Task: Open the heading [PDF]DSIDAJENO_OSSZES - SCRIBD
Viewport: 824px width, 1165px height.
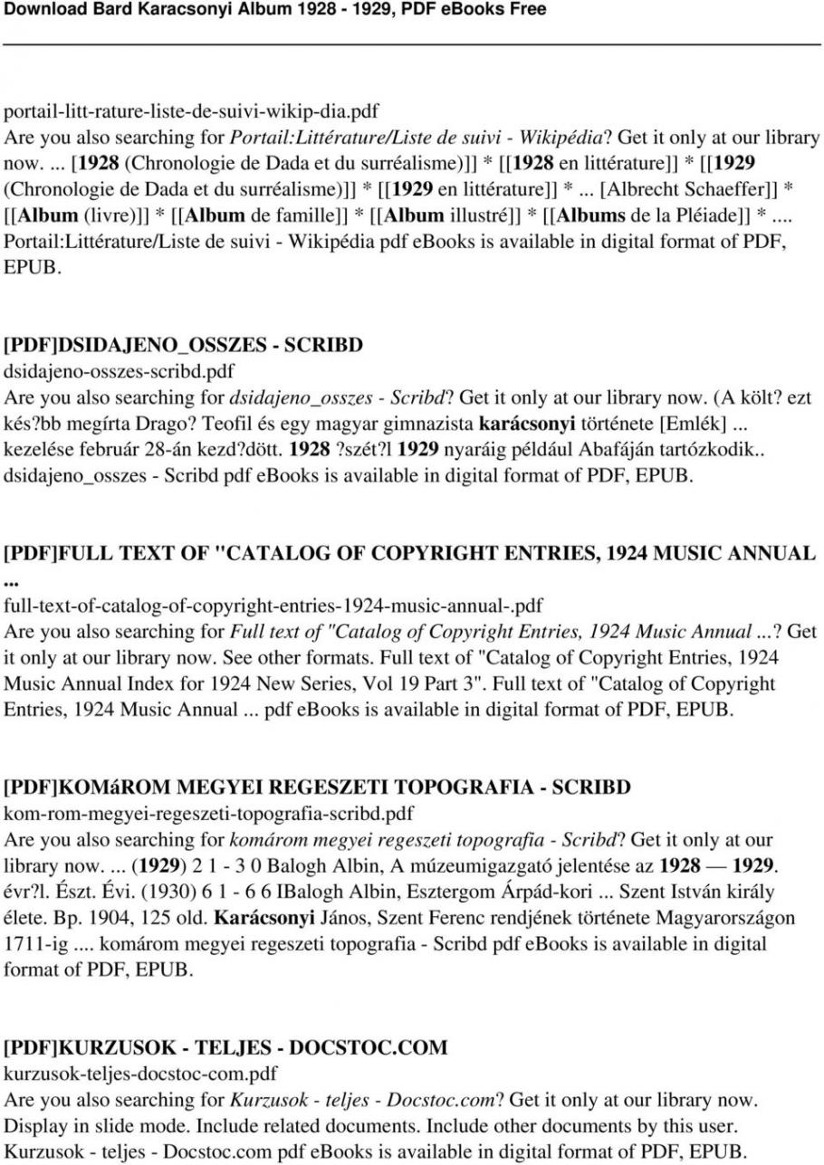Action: tap(184, 345)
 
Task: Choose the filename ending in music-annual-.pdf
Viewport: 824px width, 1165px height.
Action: tap(273, 604)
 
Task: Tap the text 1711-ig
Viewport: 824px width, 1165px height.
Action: tap(36, 943)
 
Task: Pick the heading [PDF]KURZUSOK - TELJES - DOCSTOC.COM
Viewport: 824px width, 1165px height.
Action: tap(225, 1047)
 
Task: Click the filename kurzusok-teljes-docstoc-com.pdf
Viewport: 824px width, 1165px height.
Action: tap(140, 1074)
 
